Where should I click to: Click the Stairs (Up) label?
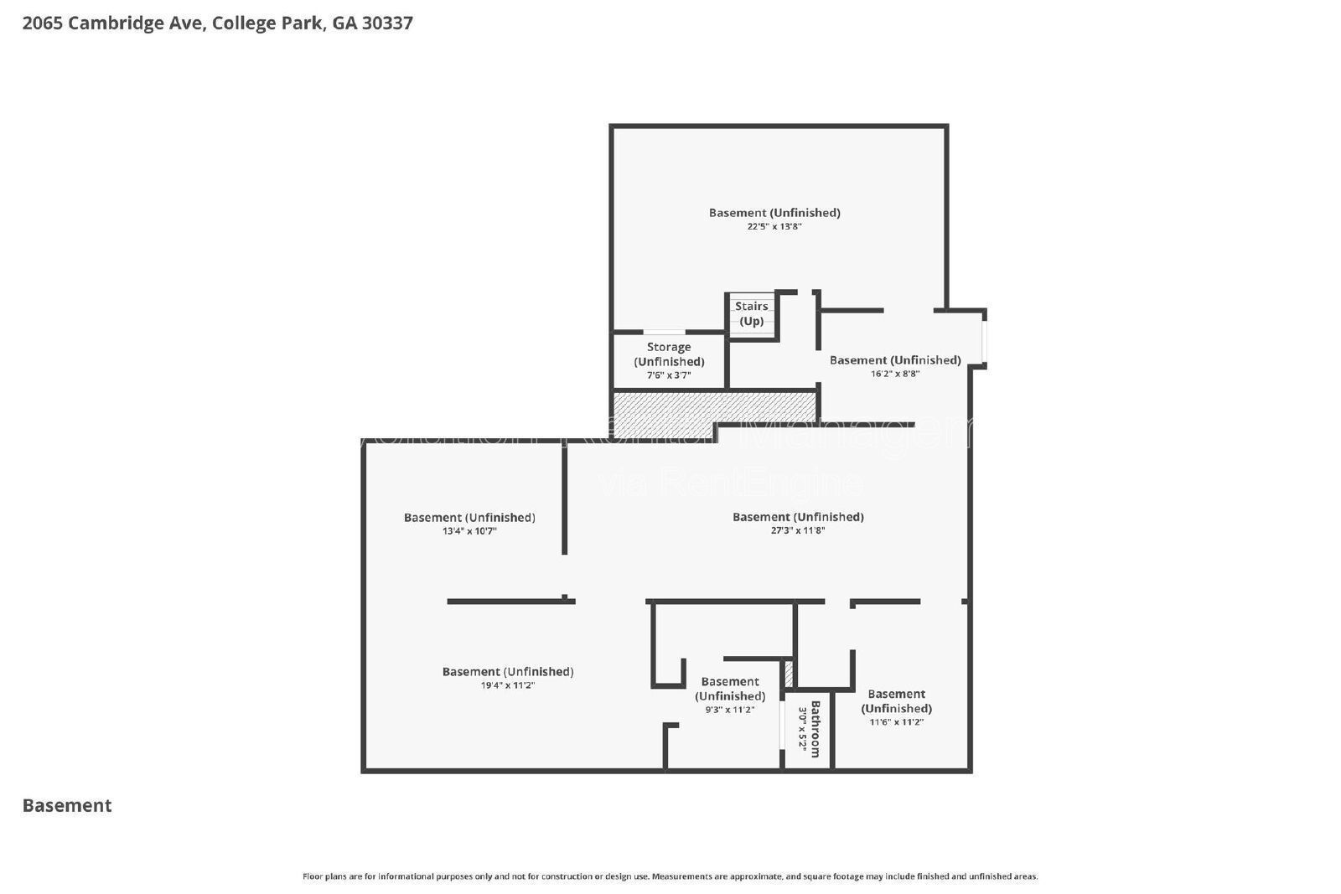coord(751,313)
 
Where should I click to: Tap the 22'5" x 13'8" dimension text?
coord(774,226)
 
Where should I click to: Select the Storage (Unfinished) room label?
coord(669,354)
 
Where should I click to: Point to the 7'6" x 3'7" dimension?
coord(669,375)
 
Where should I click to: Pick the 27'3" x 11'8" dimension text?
coord(797,530)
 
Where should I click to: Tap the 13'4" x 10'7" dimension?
coord(469,531)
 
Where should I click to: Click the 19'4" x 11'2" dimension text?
coord(507,685)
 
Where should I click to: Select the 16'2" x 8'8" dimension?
coord(894,374)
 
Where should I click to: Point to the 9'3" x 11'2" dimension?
coord(729,710)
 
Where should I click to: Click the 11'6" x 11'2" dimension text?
coord(896,722)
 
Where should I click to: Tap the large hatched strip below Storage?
coord(714,406)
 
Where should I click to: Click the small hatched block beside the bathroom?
coord(788,674)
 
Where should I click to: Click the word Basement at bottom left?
coord(67,805)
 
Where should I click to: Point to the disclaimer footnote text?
coord(670,876)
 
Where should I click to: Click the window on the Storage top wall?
coord(664,333)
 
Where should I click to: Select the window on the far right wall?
coord(985,339)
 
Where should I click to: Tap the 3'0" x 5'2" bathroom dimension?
coord(802,728)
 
